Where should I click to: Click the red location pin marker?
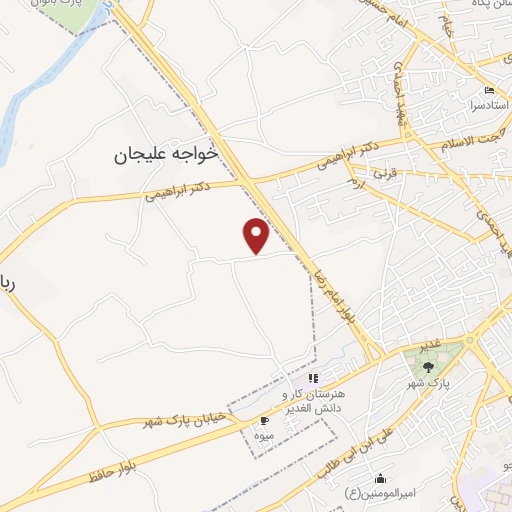tap(257, 235)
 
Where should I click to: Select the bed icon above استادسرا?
tap(489, 92)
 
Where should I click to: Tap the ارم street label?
tap(356, 185)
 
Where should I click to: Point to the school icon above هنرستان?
tap(312, 378)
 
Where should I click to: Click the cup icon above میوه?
tap(264, 421)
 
